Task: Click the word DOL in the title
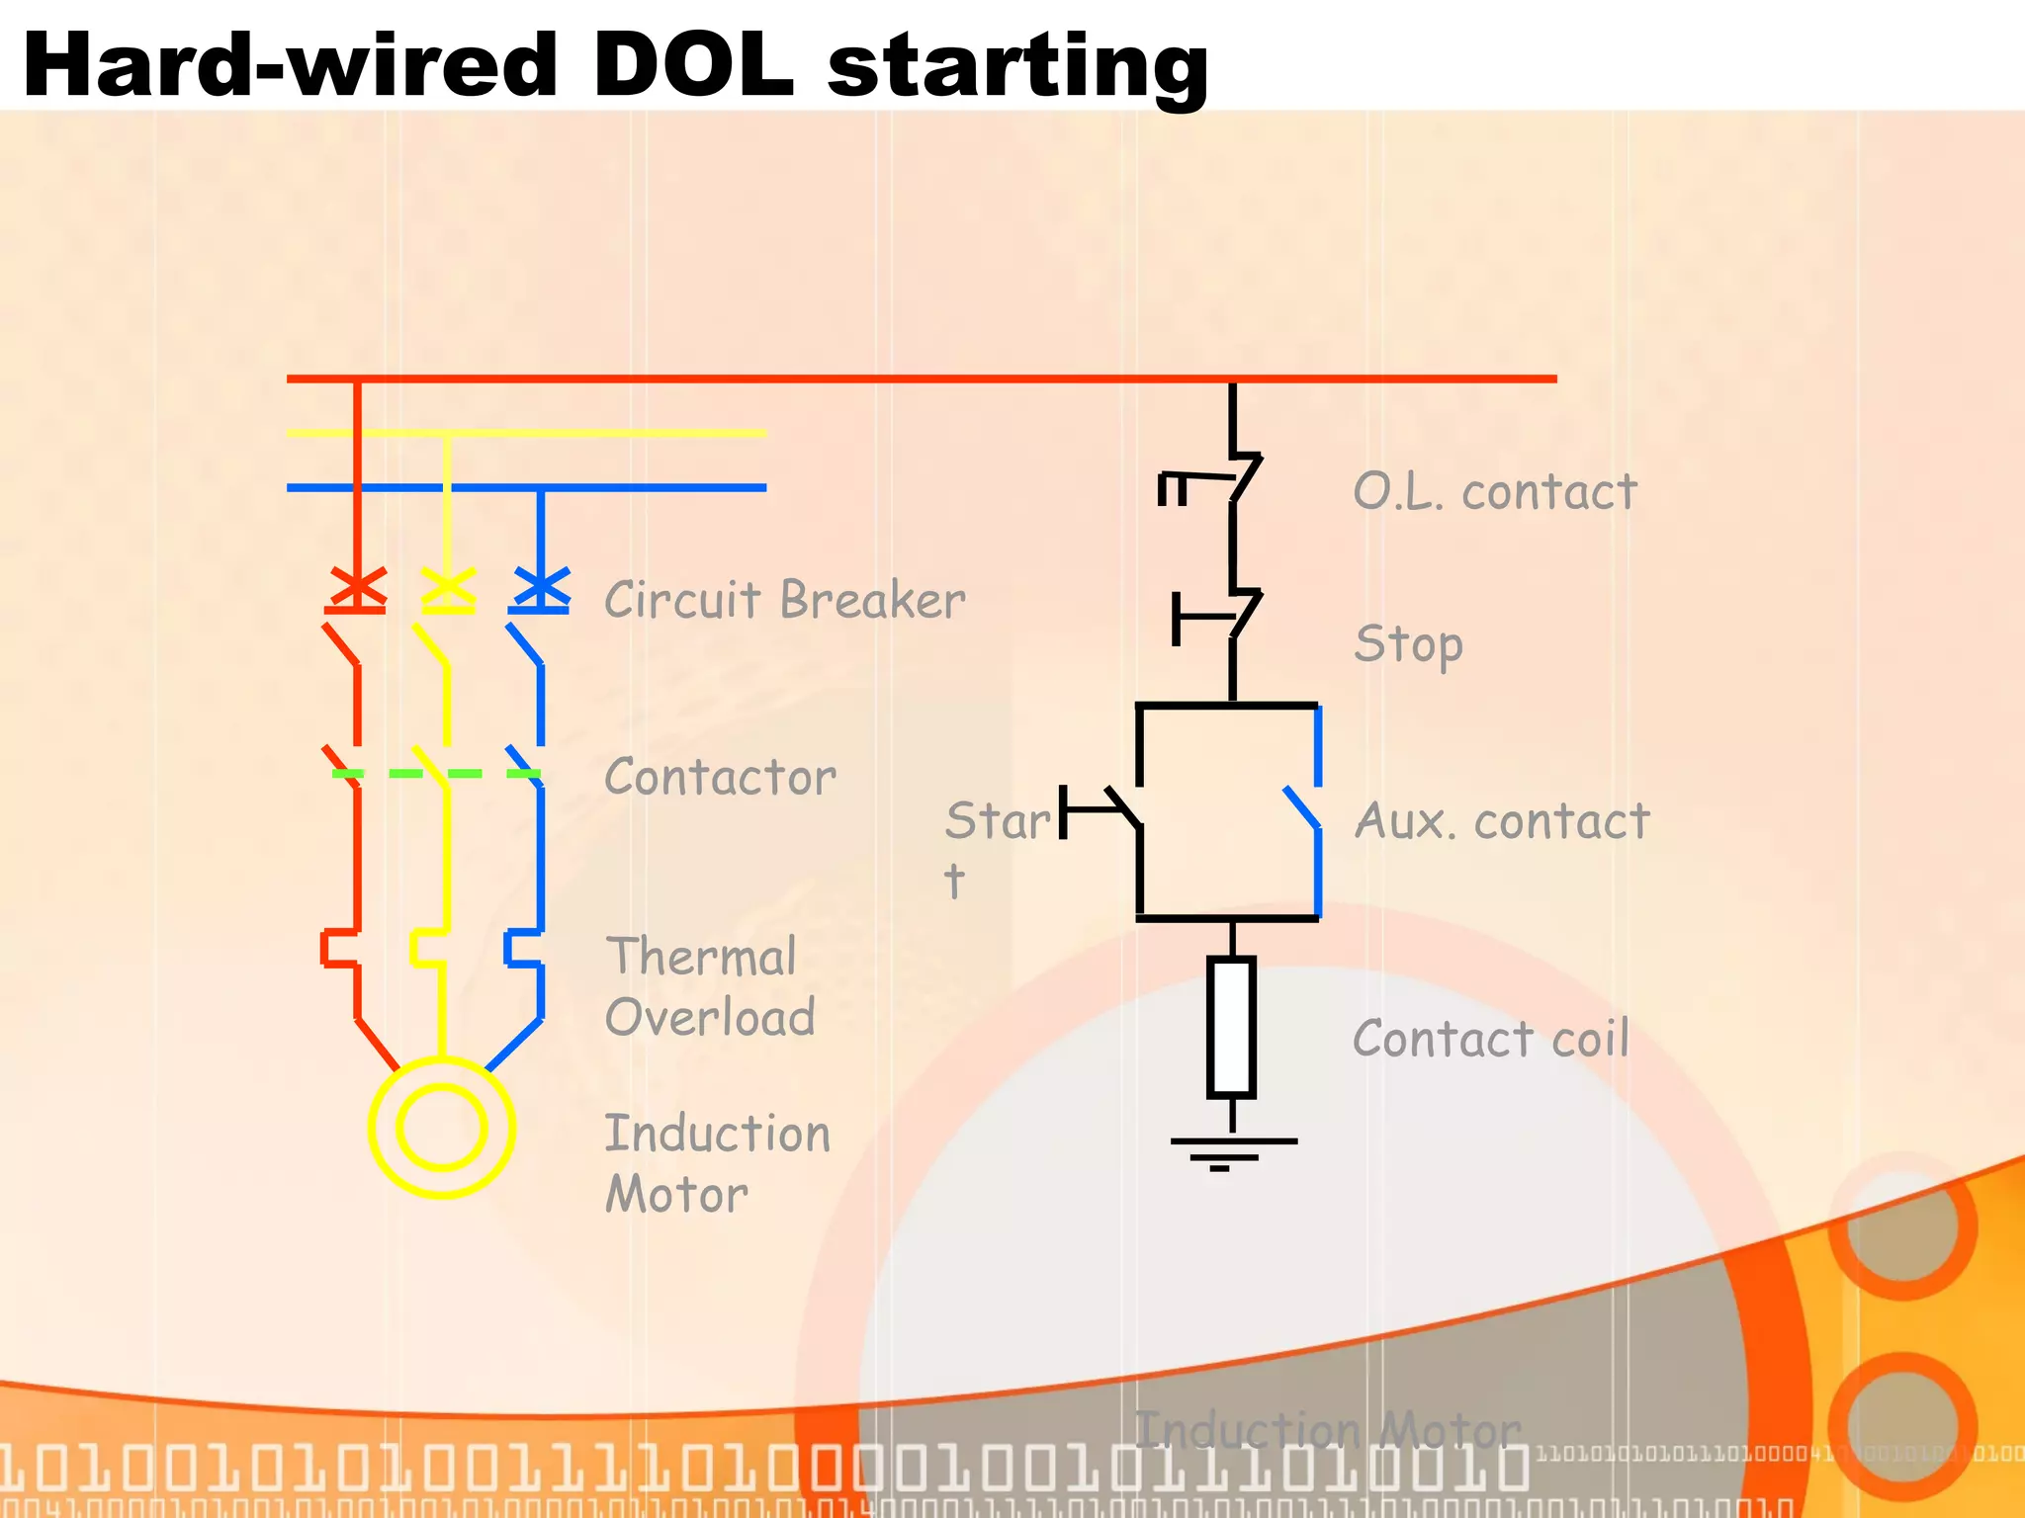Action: click(x=692, y=65)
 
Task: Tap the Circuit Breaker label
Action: click(x=784, y=600)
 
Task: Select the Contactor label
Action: click(x=720, y=777)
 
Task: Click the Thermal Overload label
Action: click(x=708, y=986)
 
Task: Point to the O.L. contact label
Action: click(x=1494, y=491)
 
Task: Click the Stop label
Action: click(x=1408, y=644)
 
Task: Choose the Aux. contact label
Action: click(x=1501, y=821)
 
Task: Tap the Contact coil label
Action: click(x=1490, y=1039)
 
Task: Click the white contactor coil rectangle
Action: click(x=1231, y=1027)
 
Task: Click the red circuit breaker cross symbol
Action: click(x=356, y=588)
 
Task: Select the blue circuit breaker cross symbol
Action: click(x=541, y=588)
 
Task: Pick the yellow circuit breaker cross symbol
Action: click(x=448, y=588)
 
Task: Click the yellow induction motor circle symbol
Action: click(x=441, y=1128)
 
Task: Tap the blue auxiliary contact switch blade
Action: click(x=1302, y=807)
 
